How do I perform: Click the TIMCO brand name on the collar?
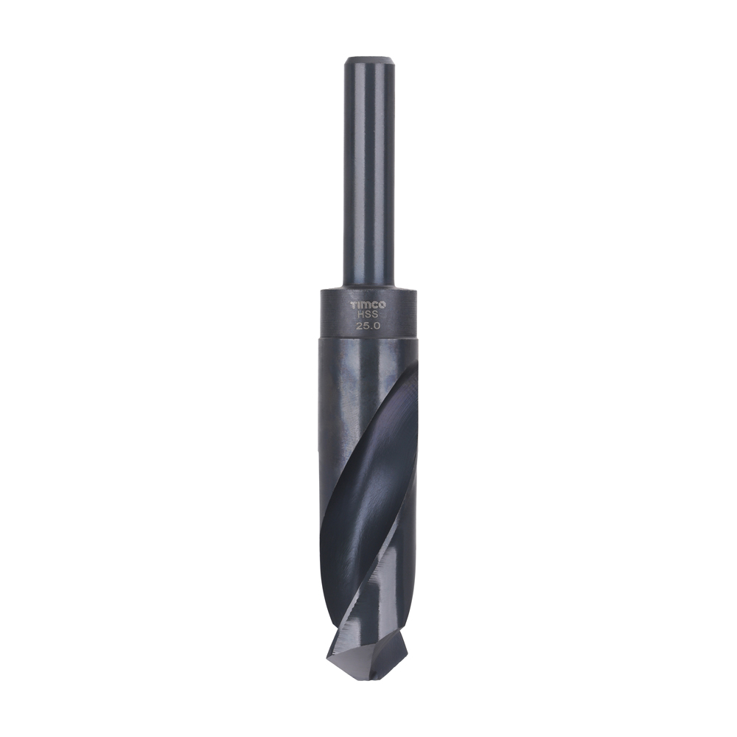coord(368,304)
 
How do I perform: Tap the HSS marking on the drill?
coord(368,313)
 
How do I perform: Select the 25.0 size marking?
coord(368,324)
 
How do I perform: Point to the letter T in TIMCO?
coord(353,304)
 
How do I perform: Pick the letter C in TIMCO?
coord(376,304)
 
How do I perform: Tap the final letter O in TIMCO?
coord(384,304)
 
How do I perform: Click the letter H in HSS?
coord(361,313)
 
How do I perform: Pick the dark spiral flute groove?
coord(368,472)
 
